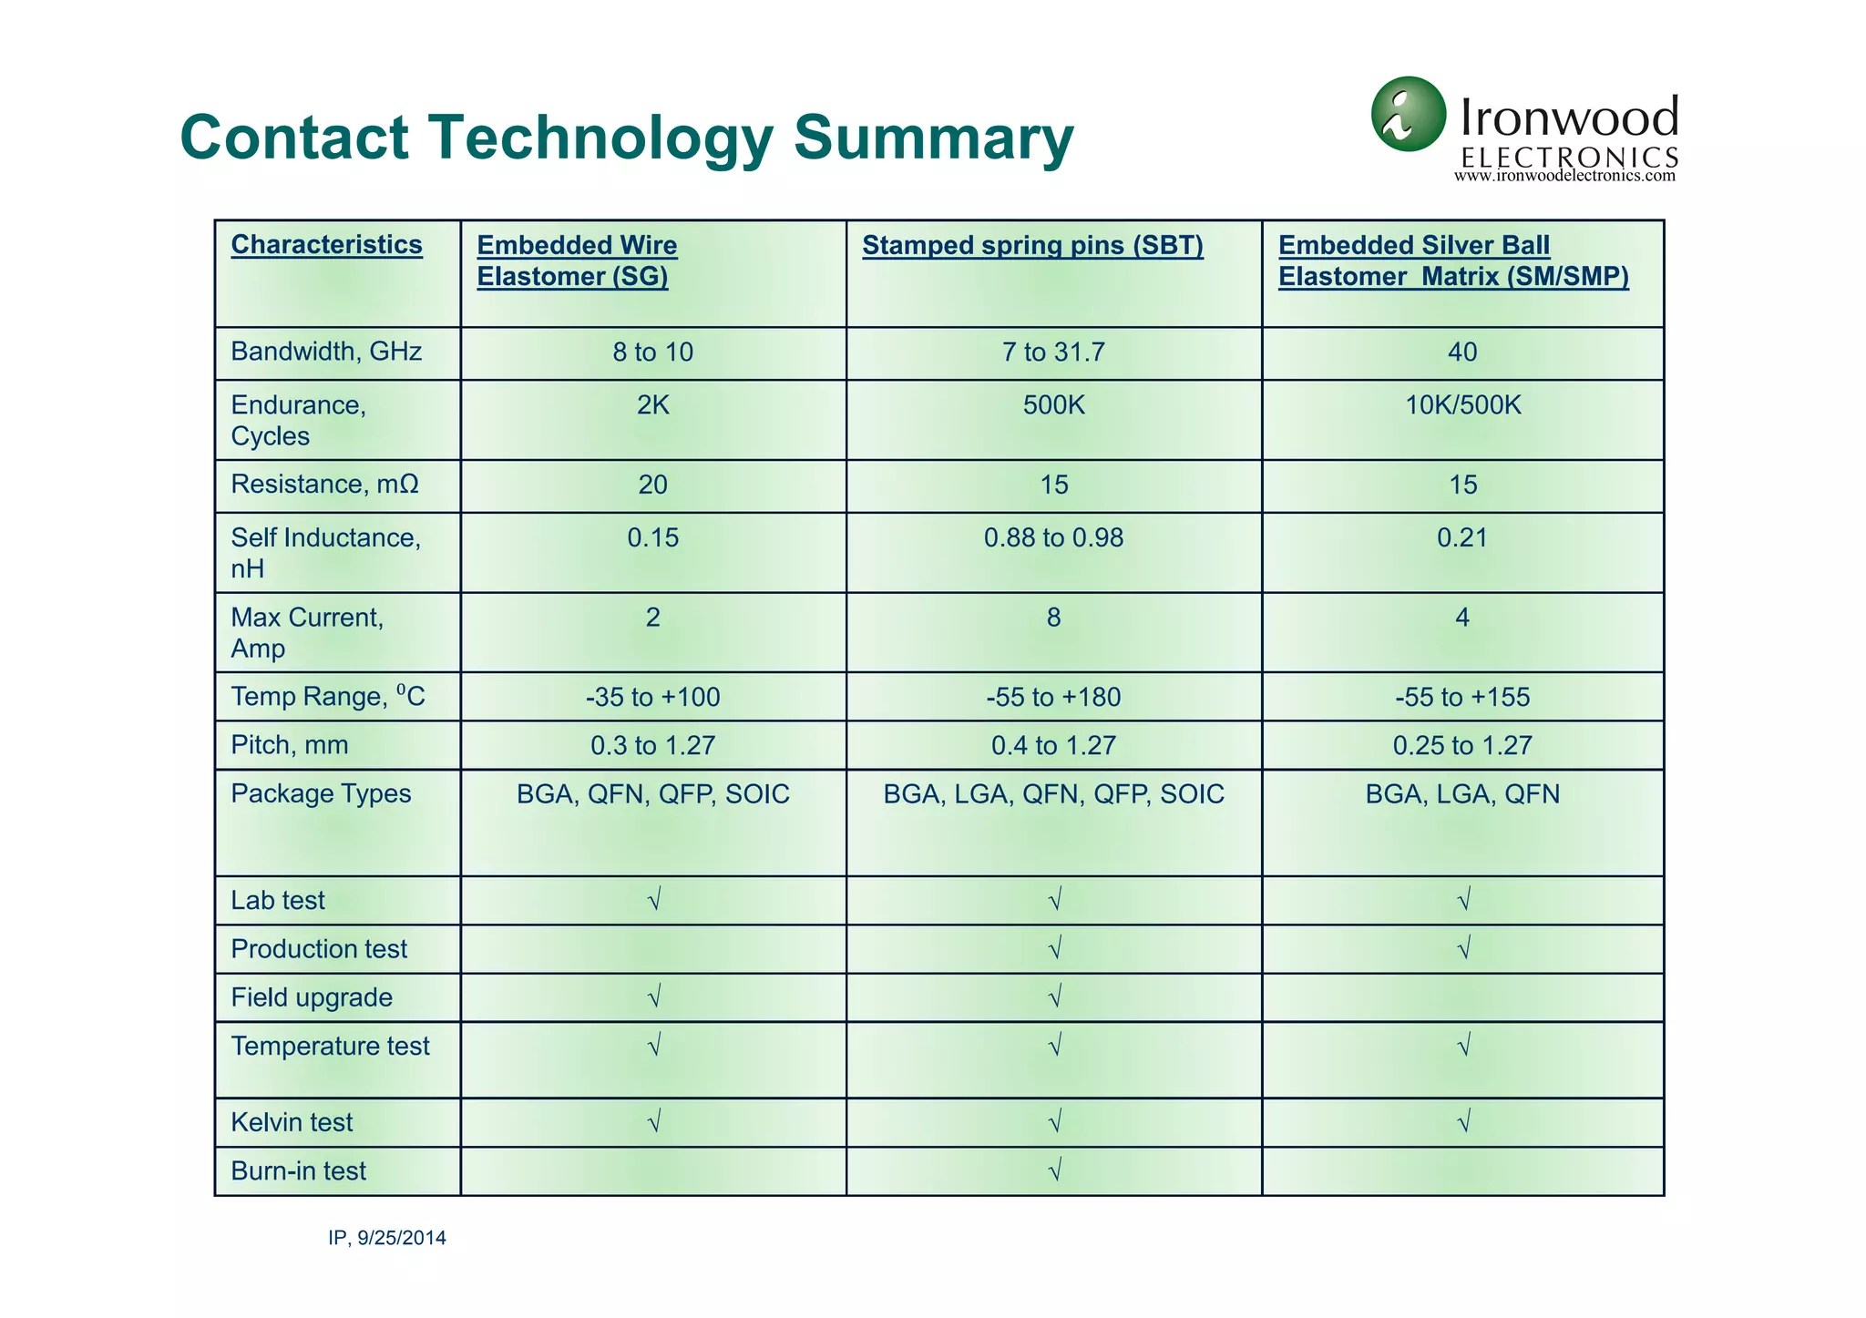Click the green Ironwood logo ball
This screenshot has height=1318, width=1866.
[x=1408, y=114]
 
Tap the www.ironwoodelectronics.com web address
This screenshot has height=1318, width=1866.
[x=1564, y=176]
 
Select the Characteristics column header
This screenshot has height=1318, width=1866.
[x=326, y=245]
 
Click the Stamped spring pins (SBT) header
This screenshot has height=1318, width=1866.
[x=1032, y=246]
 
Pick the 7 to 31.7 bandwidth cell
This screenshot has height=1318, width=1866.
[x=1053, y=352]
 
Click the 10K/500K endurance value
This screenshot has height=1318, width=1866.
[x=1462, y=405]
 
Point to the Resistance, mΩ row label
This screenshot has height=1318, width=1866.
[x=324, y=485]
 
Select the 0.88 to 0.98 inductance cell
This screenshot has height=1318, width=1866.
[x=1053, y=538]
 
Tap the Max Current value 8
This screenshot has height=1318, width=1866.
[x=1053, y=618]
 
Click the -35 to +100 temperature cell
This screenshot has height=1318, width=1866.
[x=652, y=698]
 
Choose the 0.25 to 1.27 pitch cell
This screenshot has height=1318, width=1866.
[x=1462, y=746]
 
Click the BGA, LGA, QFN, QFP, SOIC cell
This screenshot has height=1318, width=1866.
[x=1053, y=794]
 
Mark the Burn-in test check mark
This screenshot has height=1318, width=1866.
[x=1054, y=1171]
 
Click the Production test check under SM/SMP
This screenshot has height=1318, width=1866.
[x=1463, y=950]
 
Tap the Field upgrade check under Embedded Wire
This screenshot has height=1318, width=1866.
[x=653, y=998]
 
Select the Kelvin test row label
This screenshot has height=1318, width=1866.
[x=292, y=1123]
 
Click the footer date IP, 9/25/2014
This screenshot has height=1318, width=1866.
[x=387, y=1239]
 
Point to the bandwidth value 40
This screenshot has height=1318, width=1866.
[x=1462, y=352]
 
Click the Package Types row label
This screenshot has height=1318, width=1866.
[x=321, y=794]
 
